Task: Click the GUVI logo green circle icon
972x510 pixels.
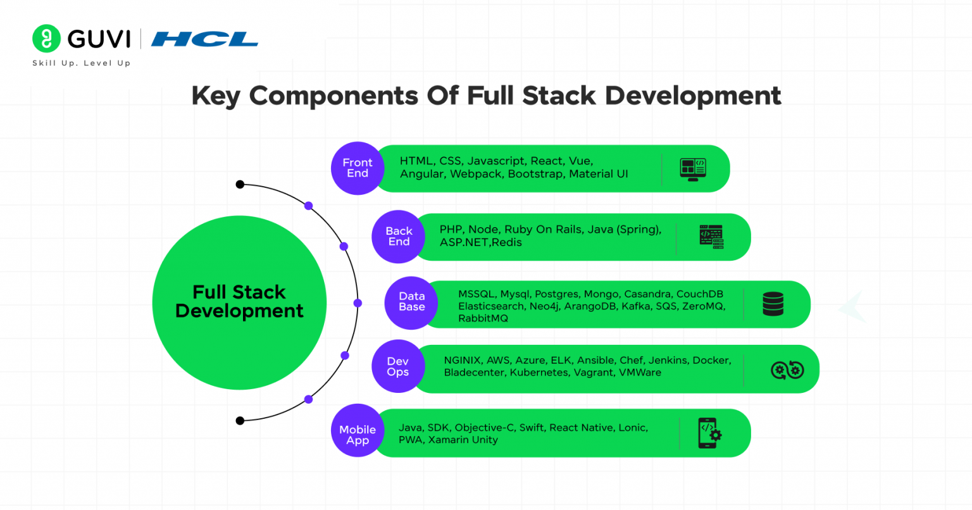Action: (x=46, y=39)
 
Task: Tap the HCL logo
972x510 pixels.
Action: (x=204, y=40)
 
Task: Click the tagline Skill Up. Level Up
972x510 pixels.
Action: (x=81, y=63)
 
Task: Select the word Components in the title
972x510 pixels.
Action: (x=333, y=96)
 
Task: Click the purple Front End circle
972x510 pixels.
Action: (x=358, y=168)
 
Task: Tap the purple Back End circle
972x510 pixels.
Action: (x=399, y=236)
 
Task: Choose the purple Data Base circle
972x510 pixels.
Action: (x=411, y=302)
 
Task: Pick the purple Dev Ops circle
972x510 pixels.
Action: (x=397, y=367)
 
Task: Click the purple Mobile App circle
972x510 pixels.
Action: (x=358, y=435)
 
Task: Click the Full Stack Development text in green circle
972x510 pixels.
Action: (x=239, y=302)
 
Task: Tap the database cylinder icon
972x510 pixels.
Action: (x=773, y=304)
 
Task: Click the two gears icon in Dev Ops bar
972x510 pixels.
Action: (x=787, y=370)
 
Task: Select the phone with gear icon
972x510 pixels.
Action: (x=709, y=433)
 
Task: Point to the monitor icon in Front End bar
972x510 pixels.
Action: (x=693, y=169)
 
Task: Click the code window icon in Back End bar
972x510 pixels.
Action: (x=711, y=237)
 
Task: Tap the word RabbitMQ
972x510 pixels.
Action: (x=483, y=318)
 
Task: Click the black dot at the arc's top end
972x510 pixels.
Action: (x=240, y=185)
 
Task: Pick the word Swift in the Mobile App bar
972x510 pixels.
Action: (x=532, y=428)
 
